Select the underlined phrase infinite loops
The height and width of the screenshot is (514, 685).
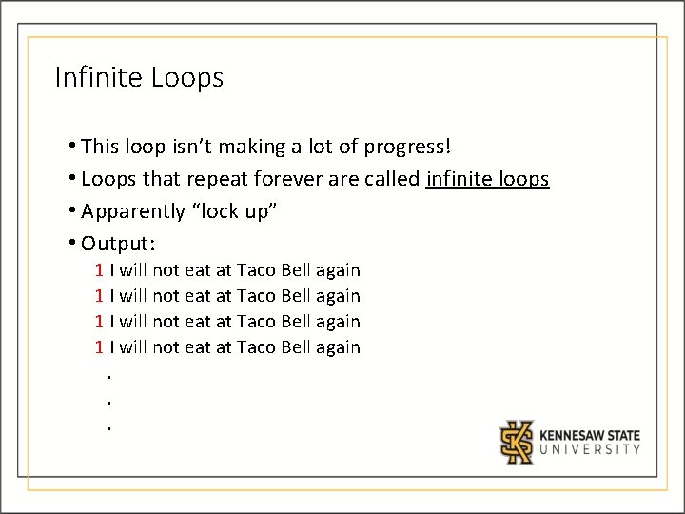488,179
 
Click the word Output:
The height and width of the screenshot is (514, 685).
118,243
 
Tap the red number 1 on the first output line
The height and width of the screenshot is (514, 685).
99,270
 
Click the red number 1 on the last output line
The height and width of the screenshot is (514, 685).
99,347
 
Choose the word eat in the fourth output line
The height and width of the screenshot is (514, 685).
197,347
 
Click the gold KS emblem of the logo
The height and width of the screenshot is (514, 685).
519,442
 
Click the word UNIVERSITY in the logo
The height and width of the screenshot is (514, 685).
590,450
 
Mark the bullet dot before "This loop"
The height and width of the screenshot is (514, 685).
73,148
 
